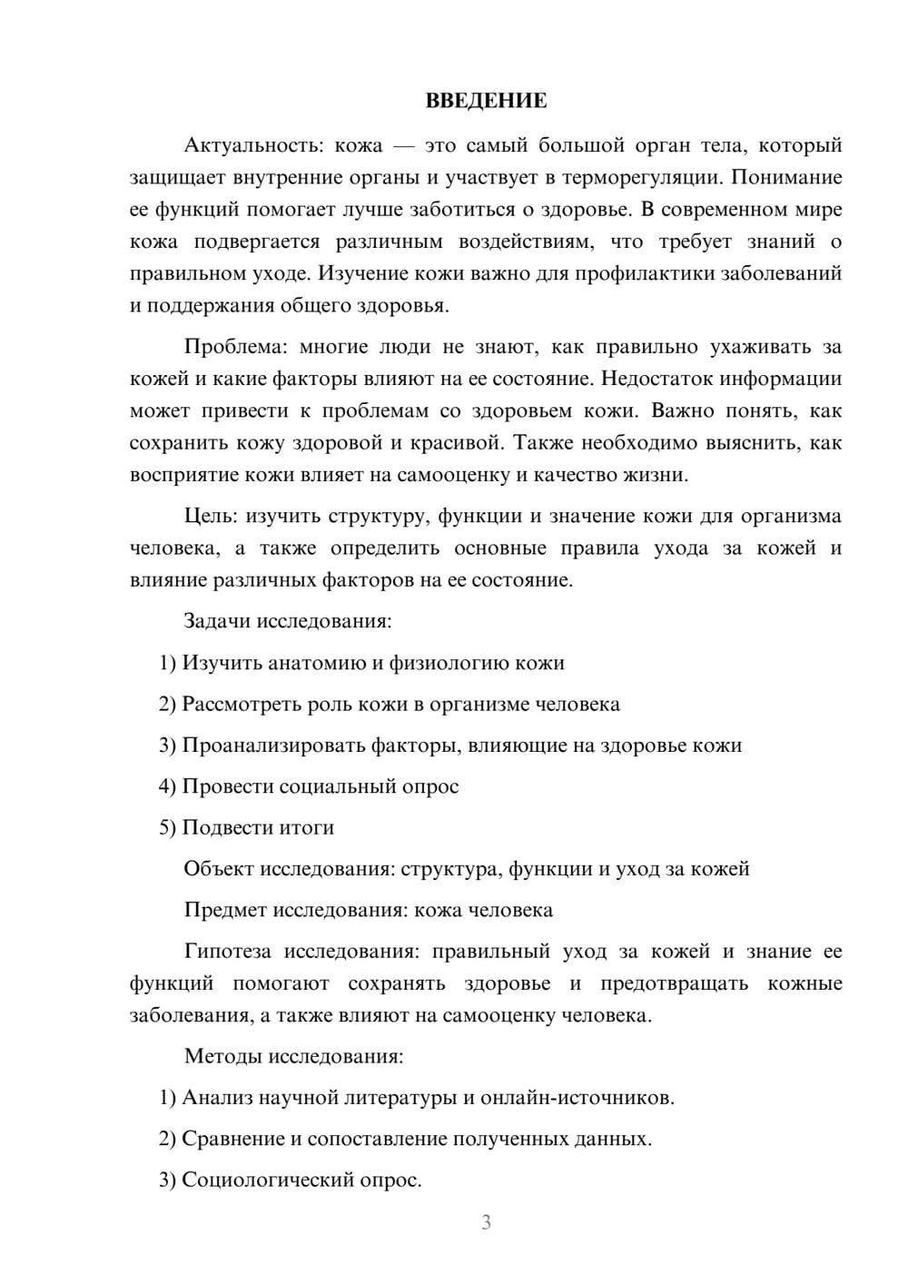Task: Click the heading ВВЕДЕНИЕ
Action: coord(486,101)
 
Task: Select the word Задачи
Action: coord(217,622)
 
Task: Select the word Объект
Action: coord(219,869)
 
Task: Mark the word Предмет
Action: coord(225,910)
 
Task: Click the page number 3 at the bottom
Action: coord(486,1223)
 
